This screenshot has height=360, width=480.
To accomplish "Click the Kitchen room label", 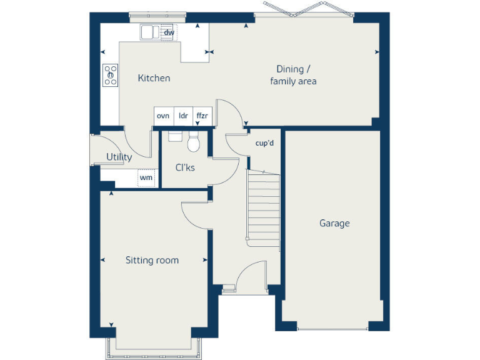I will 154,78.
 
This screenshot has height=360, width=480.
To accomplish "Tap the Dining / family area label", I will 292,75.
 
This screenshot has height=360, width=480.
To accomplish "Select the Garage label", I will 334,223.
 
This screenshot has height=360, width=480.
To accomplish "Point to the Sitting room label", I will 152,260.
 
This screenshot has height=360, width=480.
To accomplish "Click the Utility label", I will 119,157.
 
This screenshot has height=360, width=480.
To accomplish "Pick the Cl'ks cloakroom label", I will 184,167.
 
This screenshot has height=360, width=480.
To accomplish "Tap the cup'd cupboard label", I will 264,143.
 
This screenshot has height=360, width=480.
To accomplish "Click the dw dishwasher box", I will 169,32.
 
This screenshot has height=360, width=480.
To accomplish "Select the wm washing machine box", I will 146,178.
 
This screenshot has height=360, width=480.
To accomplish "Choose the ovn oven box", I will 163,116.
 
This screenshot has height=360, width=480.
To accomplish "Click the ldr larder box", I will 183,116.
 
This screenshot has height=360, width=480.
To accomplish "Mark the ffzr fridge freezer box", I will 202,116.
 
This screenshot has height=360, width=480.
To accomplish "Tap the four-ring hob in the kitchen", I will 111,75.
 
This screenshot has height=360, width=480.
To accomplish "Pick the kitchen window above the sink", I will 157,14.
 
